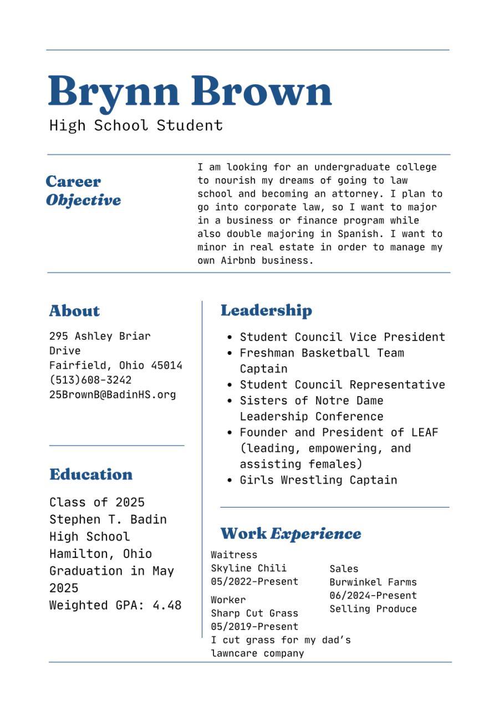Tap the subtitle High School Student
pos(136,125)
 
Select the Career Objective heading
pos(83,190)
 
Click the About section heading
pos(74,311)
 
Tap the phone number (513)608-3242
pos(90,380)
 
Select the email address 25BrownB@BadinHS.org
pos(113,395)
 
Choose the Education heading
pos(91,474)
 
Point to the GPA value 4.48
pos(167,605)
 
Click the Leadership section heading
pos(266,310)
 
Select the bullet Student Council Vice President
pos(342,337)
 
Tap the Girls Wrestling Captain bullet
pos(318,480)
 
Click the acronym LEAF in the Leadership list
pos(425,432)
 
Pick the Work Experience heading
pos(291,534)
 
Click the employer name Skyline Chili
pos(248,568)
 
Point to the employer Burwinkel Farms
pos(373,582)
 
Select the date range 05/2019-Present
pos(254,627)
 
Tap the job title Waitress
pos(234,555)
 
